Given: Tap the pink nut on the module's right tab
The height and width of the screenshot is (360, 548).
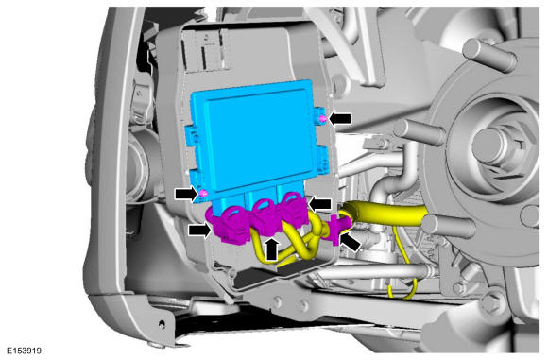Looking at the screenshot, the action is (x=323, y=120).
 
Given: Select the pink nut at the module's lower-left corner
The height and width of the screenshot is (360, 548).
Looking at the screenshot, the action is (x=203, y=194).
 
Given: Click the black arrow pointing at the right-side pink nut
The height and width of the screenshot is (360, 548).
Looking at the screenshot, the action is (x=340, y=119).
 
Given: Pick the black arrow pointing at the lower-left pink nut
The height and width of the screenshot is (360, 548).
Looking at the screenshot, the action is (x=187, y=194).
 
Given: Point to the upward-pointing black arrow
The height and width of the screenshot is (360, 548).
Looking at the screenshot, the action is (x=272, y=249).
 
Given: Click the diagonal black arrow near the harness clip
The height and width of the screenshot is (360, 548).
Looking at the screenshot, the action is (x=351, y=242).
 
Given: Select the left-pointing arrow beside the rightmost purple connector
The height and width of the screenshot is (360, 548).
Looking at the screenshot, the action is (x=319, y=204).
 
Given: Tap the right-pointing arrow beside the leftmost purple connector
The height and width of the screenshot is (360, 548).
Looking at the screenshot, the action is (x=200, y=231).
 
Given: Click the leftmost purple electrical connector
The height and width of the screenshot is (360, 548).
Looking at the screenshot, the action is (x=229, y=226).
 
